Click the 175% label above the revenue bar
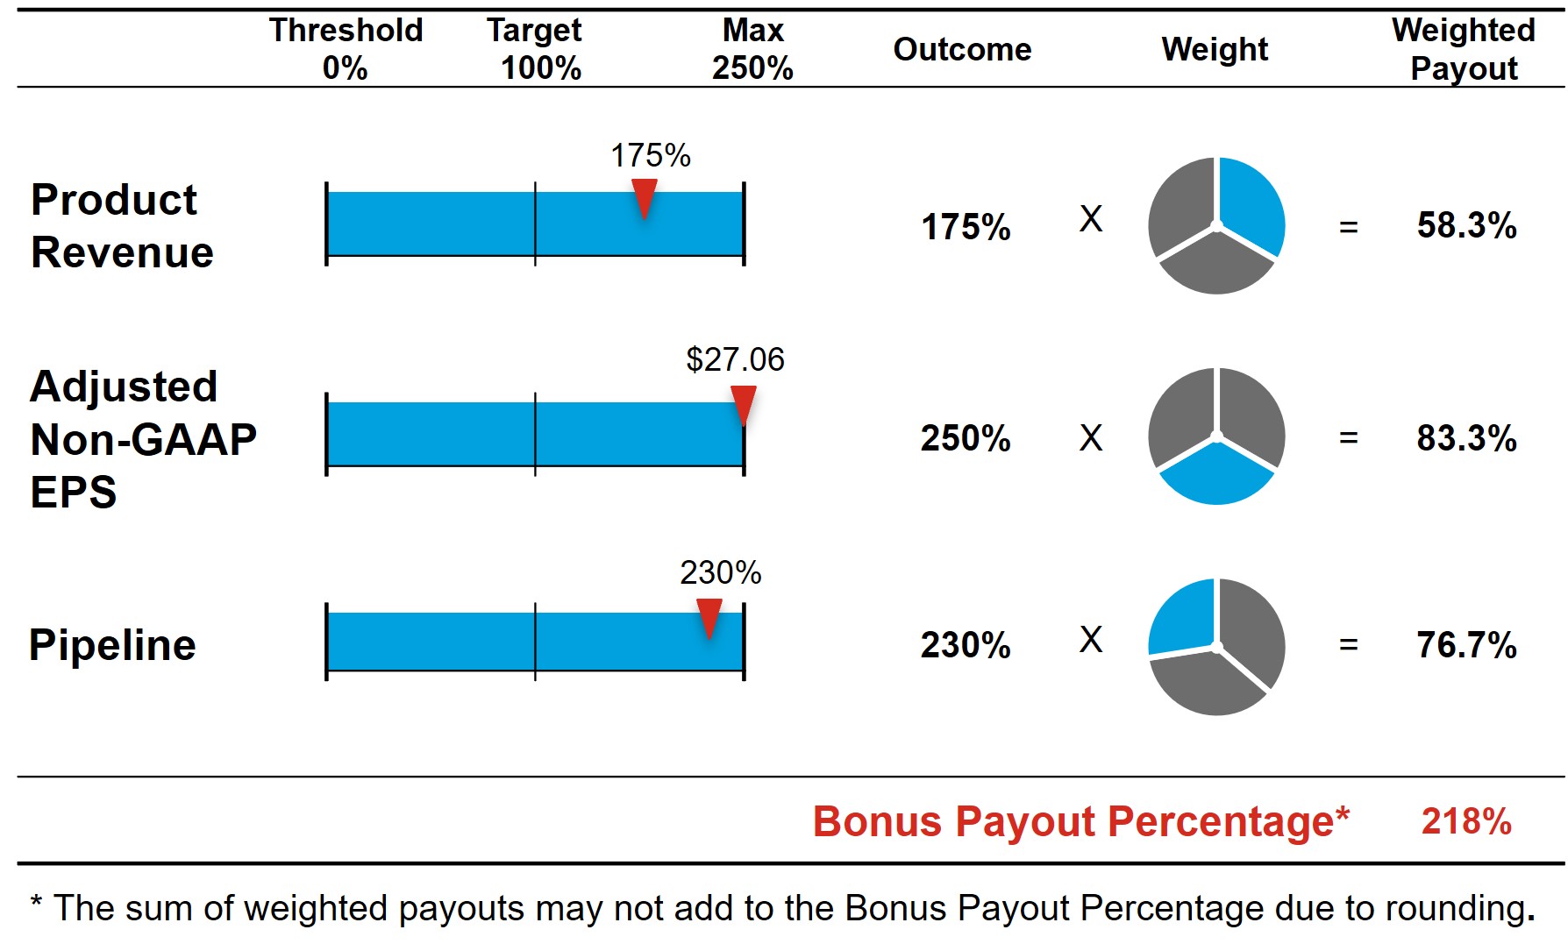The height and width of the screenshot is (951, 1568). tap(650, 156)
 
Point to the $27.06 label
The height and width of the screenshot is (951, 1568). tap(735, 359)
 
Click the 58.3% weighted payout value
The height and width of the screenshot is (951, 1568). tap(1466, 225)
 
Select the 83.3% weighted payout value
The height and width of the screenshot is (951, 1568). tap(1466, 438)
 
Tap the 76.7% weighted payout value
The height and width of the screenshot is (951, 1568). tap(1466, 645)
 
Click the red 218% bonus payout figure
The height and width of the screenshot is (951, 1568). tap(1466, 821)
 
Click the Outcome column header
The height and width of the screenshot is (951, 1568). tap(962, 50)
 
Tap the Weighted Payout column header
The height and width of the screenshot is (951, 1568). tap(1464, 49)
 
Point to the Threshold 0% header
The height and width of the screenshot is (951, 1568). tap(346, 49)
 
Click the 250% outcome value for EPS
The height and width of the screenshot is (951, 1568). tap(966, 438)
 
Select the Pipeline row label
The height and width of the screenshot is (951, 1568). tap(112, 645)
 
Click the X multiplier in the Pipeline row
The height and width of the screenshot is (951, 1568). tap(1091, 640)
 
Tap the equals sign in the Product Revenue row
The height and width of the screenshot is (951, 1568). tap(1348, 228)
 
